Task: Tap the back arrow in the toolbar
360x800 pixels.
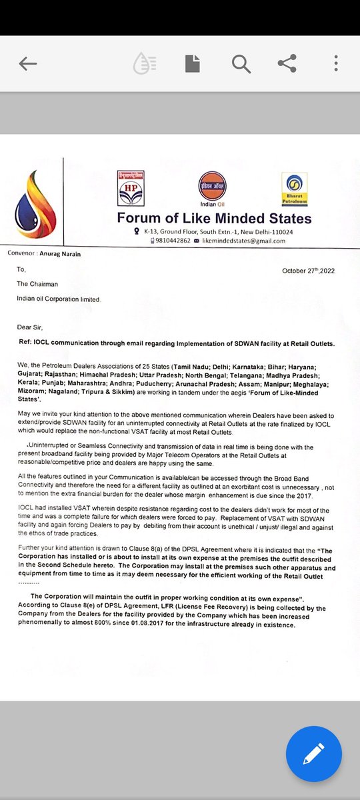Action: (28, 64)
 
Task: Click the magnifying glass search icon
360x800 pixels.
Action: (240, 64)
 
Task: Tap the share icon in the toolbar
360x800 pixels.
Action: (287, 64)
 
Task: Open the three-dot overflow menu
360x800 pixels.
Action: (335, 64)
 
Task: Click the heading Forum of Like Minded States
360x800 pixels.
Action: (214, 219)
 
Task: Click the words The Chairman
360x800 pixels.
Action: (37, 284)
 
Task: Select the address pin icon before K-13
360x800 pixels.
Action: (137, 231)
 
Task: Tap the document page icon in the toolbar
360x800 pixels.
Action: (192, 64)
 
